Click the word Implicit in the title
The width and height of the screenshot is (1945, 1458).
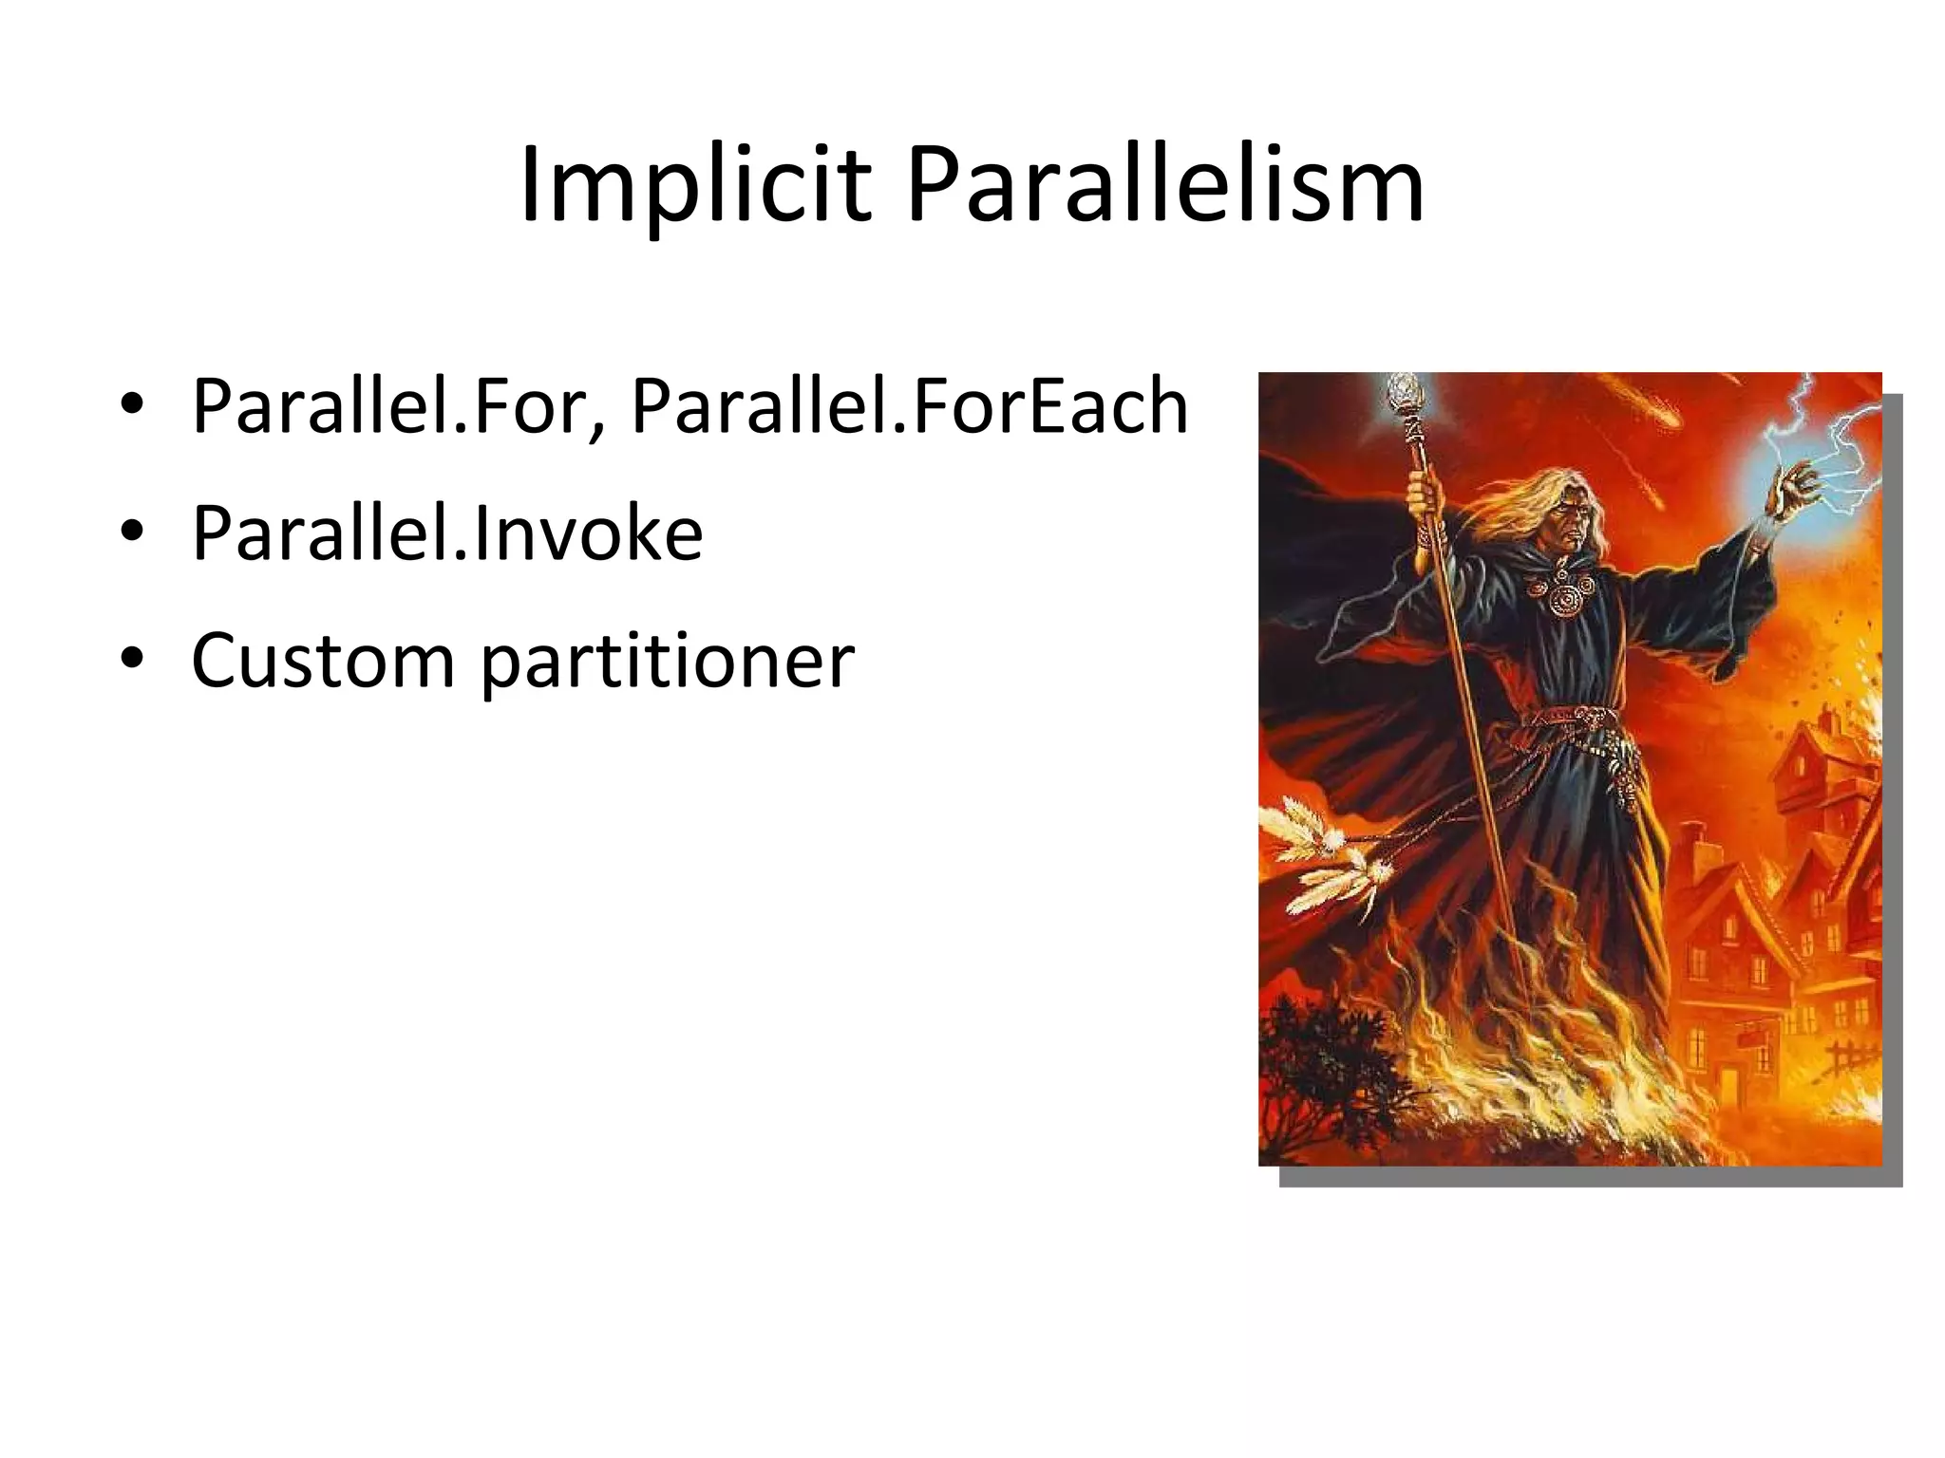[694, 185]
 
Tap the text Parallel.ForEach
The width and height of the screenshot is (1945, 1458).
[909, 406]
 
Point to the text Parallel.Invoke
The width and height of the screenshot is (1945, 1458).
[446, 533]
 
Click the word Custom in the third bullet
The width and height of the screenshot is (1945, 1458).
[323, 661]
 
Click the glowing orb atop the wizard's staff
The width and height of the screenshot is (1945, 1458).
[1403, 389]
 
